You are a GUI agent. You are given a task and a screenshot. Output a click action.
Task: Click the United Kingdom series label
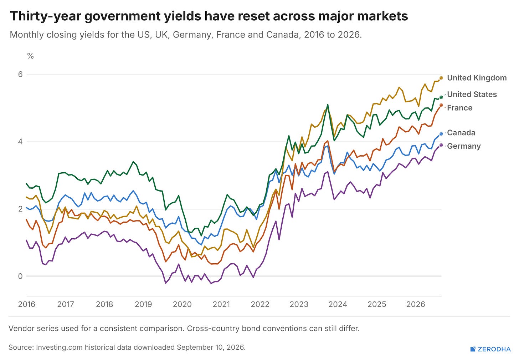477,78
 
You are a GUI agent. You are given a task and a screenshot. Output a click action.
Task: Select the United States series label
472,95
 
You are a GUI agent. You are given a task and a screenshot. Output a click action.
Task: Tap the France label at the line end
459,108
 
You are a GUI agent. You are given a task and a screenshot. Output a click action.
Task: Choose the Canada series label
461,133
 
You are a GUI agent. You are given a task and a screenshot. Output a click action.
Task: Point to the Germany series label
464,146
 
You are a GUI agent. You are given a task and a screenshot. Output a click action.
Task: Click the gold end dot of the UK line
441,78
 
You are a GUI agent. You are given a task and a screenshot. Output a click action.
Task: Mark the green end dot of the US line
441,97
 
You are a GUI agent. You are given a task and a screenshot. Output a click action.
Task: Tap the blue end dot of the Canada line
441,133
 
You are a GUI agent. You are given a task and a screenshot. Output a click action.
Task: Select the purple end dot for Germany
441,145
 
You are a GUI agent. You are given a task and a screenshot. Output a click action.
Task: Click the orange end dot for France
441,105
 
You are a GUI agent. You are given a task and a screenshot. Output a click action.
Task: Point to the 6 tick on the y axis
20,74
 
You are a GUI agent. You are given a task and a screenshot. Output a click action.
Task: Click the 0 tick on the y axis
20,276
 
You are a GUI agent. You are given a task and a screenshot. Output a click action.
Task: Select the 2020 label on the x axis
182,304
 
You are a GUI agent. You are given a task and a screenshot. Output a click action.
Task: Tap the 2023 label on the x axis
299,304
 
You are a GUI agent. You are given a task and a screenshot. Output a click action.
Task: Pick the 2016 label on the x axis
27,304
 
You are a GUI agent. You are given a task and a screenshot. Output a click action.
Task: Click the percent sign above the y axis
30,56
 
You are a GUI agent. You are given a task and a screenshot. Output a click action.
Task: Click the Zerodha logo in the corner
490,349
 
